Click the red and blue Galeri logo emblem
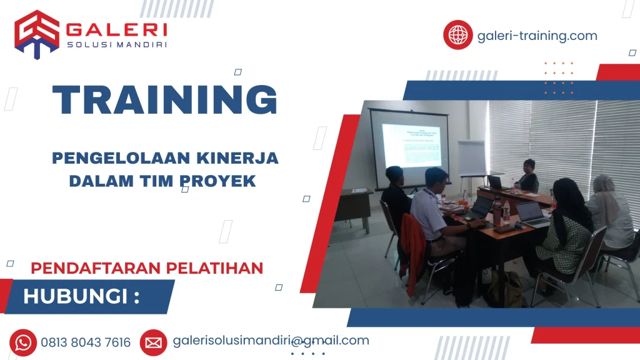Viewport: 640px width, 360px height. (37, 34)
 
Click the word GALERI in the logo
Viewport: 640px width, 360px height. (117, 29)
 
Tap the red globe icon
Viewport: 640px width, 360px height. (458, 35)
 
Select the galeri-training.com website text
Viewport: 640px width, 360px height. (537, 36)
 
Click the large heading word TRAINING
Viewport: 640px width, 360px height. (165, 99)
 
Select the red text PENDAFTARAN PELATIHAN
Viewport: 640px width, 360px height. (147, 268)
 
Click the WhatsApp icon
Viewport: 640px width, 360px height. (23, 342)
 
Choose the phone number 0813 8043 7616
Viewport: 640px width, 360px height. (86, 342)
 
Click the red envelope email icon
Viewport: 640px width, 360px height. (153, 342)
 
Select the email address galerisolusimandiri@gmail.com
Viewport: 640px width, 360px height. (271, 341)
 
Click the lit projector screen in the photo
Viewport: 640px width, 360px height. (410, 146)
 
